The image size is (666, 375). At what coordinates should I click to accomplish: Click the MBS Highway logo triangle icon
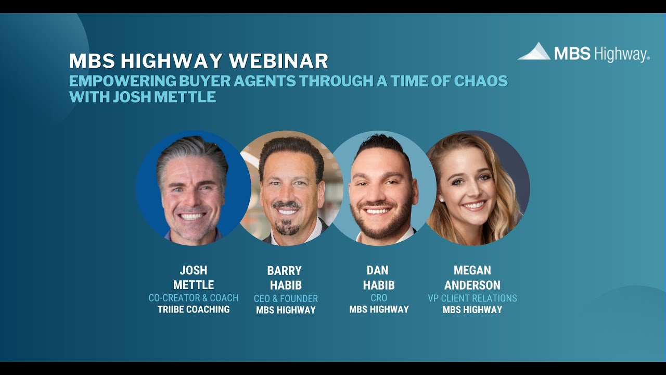[534, 52]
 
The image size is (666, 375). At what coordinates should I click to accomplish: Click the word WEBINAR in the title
[278, 61]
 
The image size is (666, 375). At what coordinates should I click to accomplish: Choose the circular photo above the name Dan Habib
[383, 188]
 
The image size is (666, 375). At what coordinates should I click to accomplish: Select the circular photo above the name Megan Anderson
[476, 188]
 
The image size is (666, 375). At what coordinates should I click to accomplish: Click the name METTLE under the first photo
[194, 285]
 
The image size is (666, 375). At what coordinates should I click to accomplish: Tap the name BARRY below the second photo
[285, 271]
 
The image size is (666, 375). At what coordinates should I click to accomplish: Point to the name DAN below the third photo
[378, 271]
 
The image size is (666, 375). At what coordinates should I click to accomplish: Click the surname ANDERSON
[472, 285]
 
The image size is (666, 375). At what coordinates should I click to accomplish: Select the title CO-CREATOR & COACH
[194, 298]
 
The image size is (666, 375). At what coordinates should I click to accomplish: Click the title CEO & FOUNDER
[286, 298]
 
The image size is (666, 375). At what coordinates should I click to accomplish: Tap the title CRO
[379, 298]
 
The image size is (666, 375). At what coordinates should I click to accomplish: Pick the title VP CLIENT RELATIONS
[472, 298]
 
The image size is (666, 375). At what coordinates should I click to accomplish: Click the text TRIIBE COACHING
[194, 309]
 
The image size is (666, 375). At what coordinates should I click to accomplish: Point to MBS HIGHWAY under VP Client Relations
[472, 309]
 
